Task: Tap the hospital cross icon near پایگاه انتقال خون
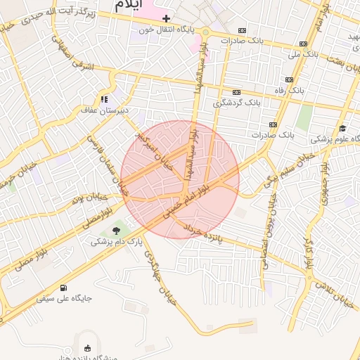(166, 18)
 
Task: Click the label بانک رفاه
(309, 91)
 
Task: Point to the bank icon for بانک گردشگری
(236, 92)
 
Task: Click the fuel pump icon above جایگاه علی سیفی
(64, 286)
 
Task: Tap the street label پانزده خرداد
(202, 236)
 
